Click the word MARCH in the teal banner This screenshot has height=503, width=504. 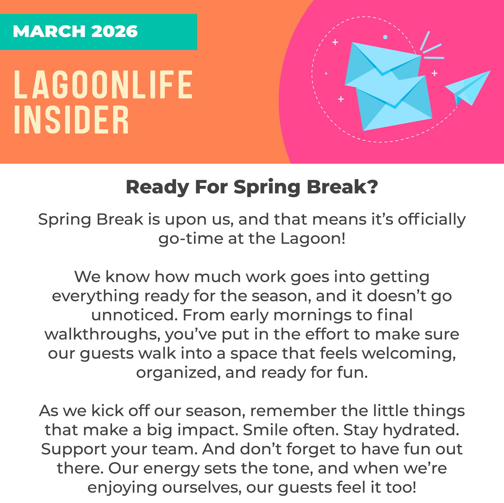(x=48, y=31)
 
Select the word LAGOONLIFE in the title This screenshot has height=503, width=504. (x=103, y=85)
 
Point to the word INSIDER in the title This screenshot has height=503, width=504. (x=72, y=119)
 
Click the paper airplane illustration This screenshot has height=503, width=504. (x=468, y=88)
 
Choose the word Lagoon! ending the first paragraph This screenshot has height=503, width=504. (x=313, y=238)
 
